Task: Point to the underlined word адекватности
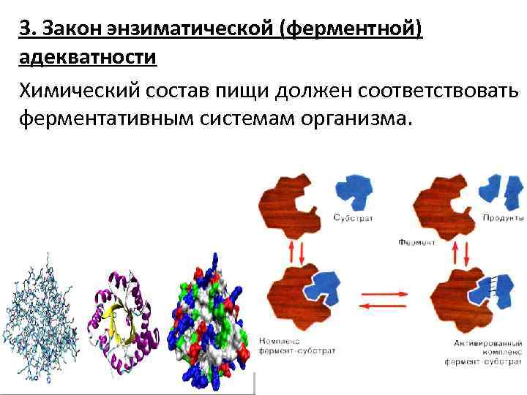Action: tap(88, 57)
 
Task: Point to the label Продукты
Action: tap(503, 218)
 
